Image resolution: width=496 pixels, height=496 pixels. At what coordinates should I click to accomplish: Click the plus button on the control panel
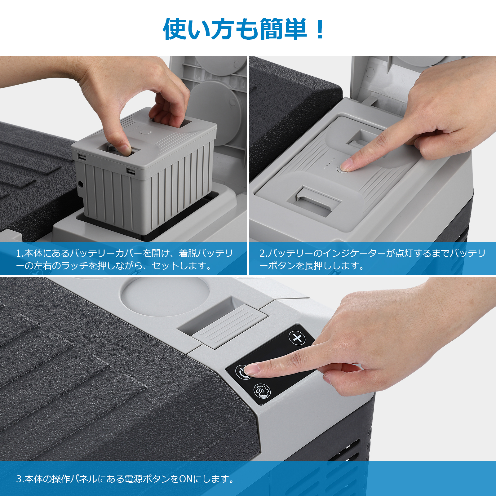[x=297, y=338]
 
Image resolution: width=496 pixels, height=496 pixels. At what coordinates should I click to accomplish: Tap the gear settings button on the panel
[x=262, y=390]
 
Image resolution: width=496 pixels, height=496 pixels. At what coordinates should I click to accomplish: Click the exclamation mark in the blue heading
[x=320, y=29]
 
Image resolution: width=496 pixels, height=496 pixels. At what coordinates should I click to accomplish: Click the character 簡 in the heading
[x=272, y=29]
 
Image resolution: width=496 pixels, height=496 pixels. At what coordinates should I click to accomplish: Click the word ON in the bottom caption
[x=186, y=479]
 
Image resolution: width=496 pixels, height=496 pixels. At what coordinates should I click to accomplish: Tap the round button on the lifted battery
[x=145, y=132]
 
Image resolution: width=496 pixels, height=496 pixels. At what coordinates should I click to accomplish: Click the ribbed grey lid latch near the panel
[x=229, y=325]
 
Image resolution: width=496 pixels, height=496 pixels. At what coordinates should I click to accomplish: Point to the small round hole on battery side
[x=81, y=184]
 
